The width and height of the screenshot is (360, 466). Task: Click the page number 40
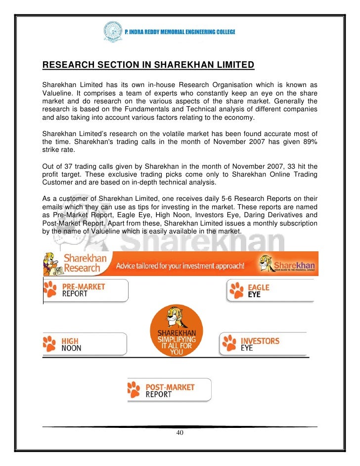(x=180, y=433)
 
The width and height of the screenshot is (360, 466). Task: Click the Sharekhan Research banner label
(x=82, y=263)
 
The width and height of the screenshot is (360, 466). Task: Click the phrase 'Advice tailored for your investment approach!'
(x=180, y=266)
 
